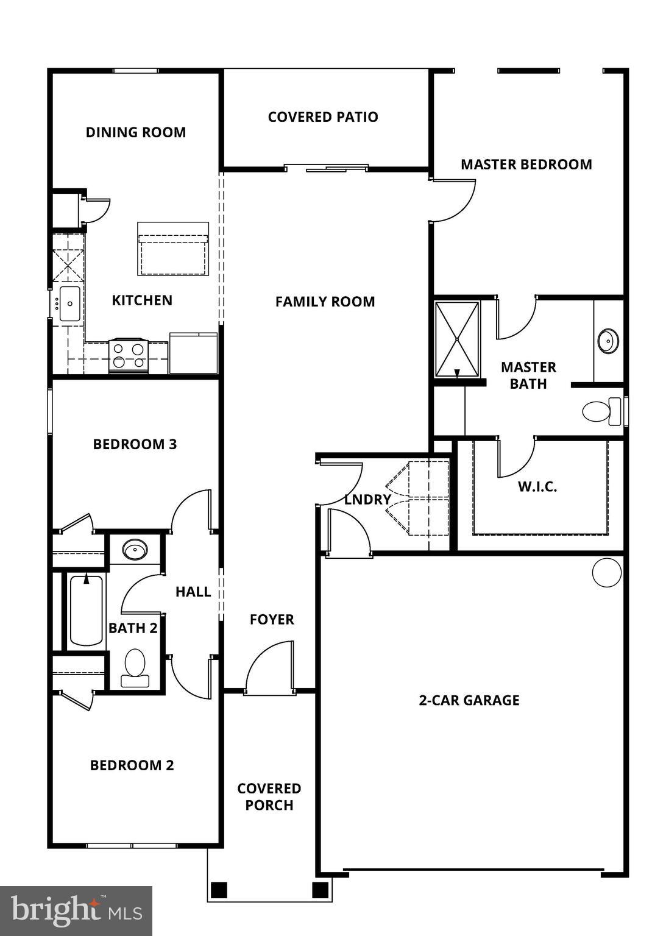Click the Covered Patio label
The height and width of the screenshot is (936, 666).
pos(323,117)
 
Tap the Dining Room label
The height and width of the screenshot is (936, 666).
pos(135,132)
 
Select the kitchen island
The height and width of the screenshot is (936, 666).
pos(173,249)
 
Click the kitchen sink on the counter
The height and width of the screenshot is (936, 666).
pos(69,303)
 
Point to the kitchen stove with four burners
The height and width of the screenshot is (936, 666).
pos(128,356)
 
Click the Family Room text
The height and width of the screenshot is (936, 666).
pos(325,301)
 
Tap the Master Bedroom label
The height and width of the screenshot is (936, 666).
pos(526,164)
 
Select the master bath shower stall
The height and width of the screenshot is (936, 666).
pos(457,339)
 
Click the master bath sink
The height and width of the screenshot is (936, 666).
pos(608,341)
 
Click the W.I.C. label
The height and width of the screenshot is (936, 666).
pos(537,486)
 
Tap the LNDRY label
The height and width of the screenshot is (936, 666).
pos(367,499)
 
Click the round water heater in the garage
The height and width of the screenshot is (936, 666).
pos(607,572)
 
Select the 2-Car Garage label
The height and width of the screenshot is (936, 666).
pos(469,700)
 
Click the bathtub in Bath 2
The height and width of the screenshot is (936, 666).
pos(86,610)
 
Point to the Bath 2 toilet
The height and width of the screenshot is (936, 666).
pos(135,668)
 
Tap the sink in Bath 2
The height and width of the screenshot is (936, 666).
pos(135,550)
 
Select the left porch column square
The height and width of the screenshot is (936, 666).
pos(219,890)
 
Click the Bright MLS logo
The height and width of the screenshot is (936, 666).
pos(76,910)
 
